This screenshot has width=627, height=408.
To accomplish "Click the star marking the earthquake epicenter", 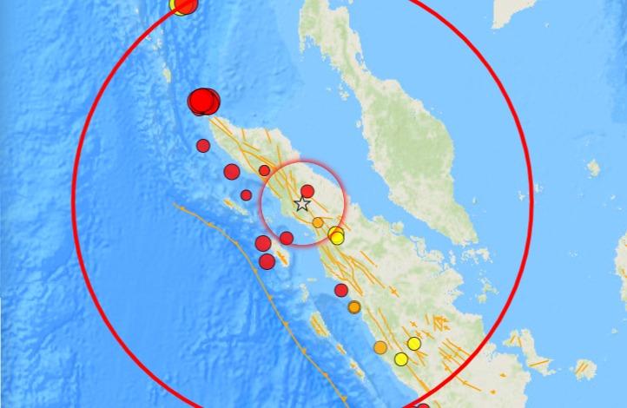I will tap(302, 204).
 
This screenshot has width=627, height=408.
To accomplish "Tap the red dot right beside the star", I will tap(307, 191).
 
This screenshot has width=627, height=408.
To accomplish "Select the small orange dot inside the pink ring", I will tap(318, 223).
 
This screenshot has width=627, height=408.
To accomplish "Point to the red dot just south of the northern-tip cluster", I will tap(203, 145).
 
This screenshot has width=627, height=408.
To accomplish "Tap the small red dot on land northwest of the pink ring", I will tap(264, 170).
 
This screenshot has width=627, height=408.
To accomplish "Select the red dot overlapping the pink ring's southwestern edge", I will tap(286, 237).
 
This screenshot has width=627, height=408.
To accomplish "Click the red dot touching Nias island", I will tap(267, 260).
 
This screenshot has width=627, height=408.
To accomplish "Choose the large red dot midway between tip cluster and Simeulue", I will tap(232, 172).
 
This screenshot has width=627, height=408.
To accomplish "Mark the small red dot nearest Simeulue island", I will tap(247, 195).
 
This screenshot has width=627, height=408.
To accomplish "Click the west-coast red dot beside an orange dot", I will tap(341, 290).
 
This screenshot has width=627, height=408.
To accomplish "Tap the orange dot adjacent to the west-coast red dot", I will tap(354, 306).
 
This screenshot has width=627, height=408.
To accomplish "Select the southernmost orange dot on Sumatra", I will tap(380, 348).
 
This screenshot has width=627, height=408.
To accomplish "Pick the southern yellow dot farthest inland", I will tap(414, 344).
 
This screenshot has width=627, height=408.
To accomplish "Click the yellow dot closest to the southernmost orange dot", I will tap(401, 359).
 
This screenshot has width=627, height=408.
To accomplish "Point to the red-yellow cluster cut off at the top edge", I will tap(182, 4).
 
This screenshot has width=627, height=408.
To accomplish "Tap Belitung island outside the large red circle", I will tap(584, 370).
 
